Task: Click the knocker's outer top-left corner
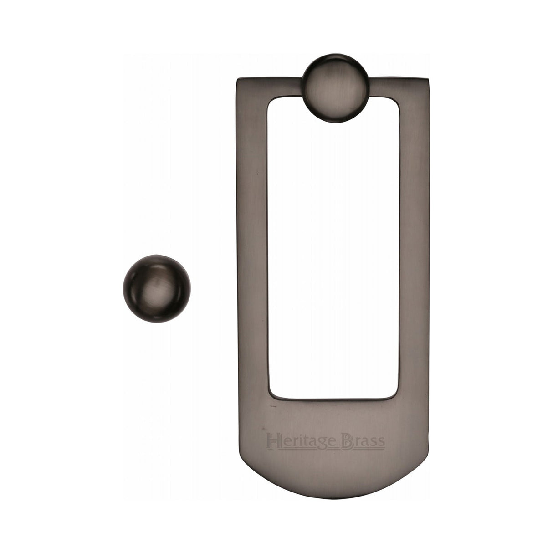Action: pyautogui.click(x=237, y=80)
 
